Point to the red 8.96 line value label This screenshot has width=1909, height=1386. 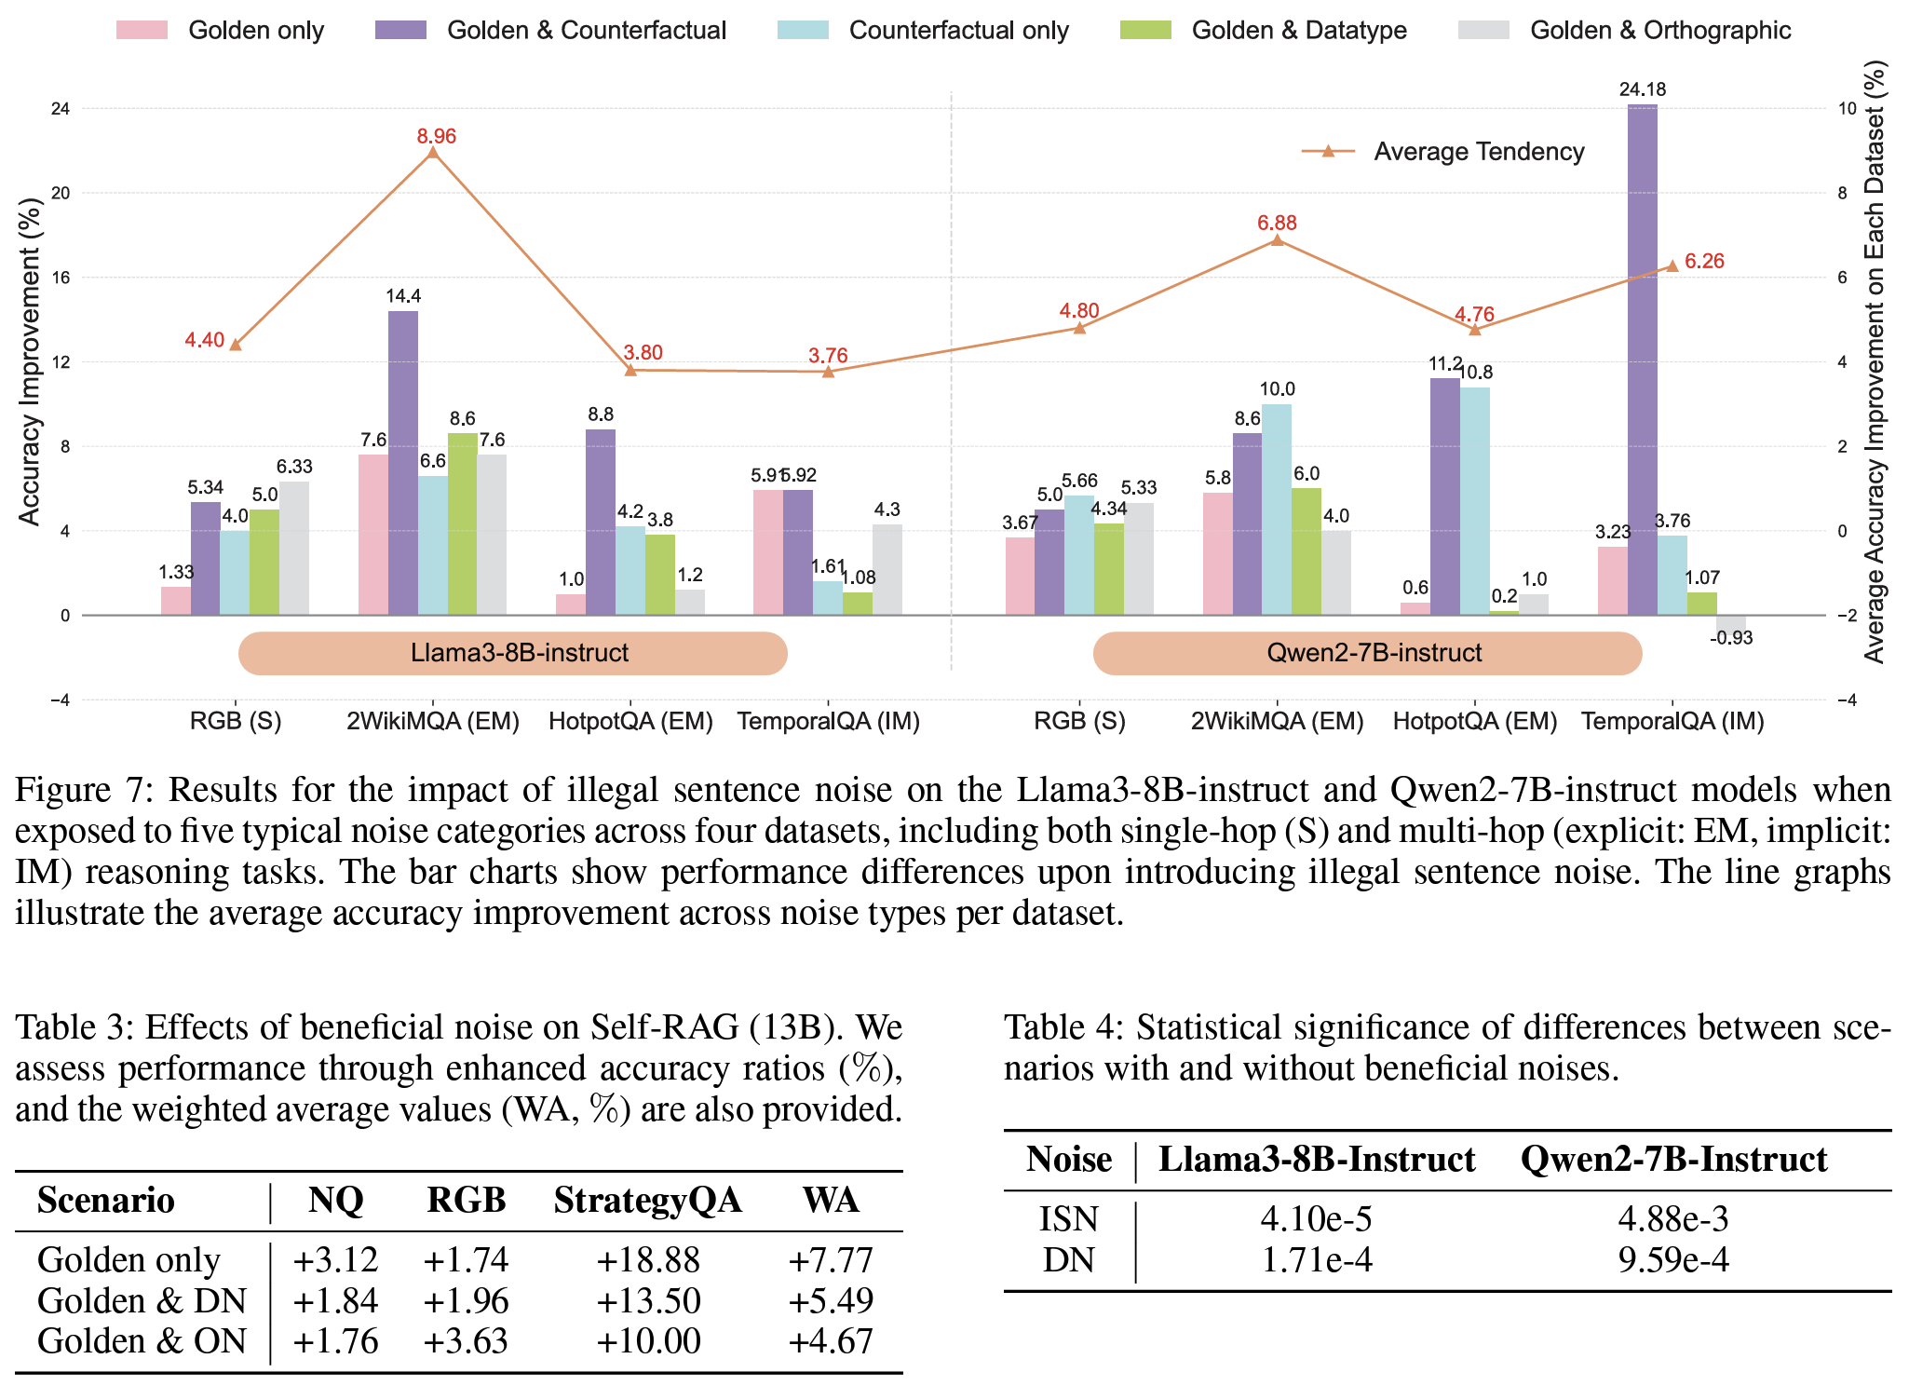point(437,136)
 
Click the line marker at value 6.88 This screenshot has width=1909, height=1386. point(1277,240)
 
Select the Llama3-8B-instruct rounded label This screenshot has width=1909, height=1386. point(513,653)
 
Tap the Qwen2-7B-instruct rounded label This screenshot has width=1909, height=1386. point(1367,653)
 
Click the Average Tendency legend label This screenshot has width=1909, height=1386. point(1479,152)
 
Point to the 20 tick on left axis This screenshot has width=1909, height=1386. point(60,193)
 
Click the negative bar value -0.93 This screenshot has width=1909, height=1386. point(1731,638)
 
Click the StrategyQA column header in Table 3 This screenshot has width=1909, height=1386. point(647,1201)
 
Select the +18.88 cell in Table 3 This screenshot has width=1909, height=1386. point(647,1260)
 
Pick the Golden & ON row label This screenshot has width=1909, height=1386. point(142,1341)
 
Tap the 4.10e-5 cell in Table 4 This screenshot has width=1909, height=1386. point(1316,1219)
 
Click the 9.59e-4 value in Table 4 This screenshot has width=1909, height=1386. point(1673,1260)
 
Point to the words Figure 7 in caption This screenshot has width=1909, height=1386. point(82,790)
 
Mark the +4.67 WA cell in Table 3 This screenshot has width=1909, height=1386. point(831,1341)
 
